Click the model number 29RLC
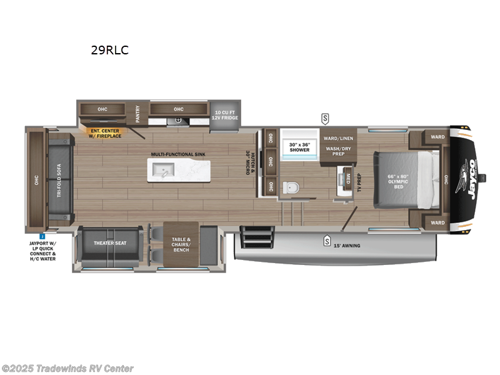109,51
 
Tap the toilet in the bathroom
289,186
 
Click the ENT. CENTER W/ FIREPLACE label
106,133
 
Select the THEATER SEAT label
111,242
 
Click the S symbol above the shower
325,117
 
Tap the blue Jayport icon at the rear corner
42,236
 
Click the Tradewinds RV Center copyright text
67,368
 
